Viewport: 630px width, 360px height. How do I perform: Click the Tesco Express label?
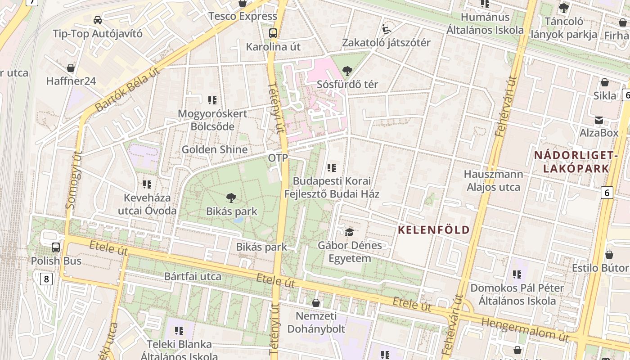tap(243, 16)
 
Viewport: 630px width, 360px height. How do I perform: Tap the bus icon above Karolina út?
tap(273, 33)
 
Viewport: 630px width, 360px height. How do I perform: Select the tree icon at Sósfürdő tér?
tap(347, 71)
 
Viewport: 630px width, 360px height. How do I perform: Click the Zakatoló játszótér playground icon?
tap(386, 29)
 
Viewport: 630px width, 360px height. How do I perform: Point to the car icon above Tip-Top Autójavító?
tap(97, 20)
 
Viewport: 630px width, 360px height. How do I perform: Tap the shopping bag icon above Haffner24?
tap(71, 68)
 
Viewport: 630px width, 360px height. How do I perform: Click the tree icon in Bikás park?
tap(231, 198)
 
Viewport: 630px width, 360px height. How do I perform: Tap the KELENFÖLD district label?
tap(434, 230)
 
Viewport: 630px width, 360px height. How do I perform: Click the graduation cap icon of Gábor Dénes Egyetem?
tap(349, 232)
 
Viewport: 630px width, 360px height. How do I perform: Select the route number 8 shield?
tap(46, 279)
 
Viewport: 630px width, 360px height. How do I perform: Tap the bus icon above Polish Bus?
tap(56, 247)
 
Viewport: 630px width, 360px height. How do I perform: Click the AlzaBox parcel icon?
tap(599, 120)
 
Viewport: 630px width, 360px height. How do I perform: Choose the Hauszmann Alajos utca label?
tap(494, 180)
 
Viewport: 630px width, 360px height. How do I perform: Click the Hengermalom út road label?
tap(525, 329)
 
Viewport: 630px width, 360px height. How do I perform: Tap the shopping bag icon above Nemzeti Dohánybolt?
tap(316, 303)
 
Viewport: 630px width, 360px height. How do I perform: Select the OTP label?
tap(278, 158)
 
